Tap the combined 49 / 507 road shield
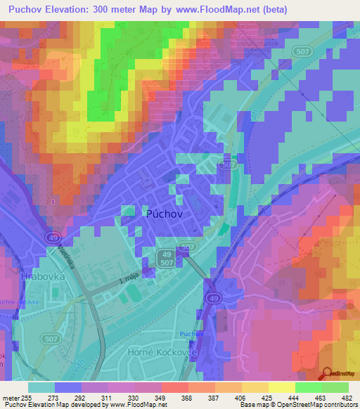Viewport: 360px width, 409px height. tap(166, 257)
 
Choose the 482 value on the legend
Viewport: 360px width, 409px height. tap(347, 398)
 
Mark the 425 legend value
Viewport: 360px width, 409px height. tap(268, 398)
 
